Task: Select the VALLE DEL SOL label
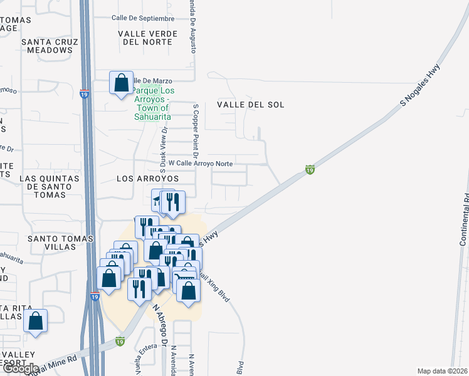tap(251, 105)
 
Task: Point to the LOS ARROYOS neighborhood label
tap(148, 179)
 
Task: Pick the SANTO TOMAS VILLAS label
tap(51, 243)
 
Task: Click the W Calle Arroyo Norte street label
tap(201, 164)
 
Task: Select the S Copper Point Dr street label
tap(196, 131)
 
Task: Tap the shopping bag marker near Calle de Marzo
tap(121, 83)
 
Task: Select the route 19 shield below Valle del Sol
tap(309, 169)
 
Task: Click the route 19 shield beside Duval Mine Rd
tap(120, 342)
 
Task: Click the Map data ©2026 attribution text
tap(442, 371)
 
